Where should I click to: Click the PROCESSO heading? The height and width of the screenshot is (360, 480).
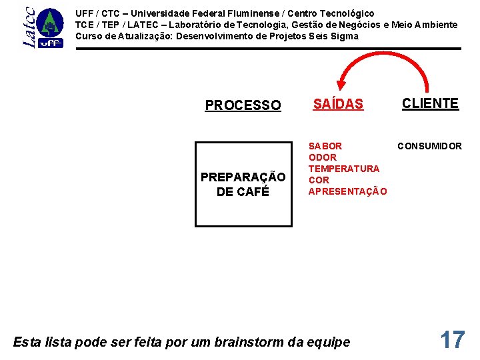pos(243,105)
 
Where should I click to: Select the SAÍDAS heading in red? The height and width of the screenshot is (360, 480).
pos(338,104)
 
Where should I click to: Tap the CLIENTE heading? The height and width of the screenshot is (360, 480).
pos(430,103)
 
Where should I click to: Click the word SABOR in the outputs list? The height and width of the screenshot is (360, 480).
pos(325,146)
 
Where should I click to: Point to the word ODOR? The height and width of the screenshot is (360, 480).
pos(323,157)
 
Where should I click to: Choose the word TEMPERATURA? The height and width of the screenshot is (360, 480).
pos(344,169)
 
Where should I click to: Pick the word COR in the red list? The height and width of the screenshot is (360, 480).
pos(319,180)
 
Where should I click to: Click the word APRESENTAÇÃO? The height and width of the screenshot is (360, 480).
pos(347,191)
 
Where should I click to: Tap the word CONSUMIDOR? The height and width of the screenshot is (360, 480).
pos(430,146)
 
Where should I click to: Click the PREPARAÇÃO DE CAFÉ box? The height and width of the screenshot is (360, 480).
pos(243,184)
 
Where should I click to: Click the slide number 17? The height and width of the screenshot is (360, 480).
pos(452,340)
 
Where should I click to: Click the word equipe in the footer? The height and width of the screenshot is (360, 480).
pos(331,343)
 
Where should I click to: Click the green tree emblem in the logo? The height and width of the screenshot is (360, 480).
pos(49,24)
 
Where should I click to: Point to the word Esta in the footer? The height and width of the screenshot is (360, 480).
pos(26,342)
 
